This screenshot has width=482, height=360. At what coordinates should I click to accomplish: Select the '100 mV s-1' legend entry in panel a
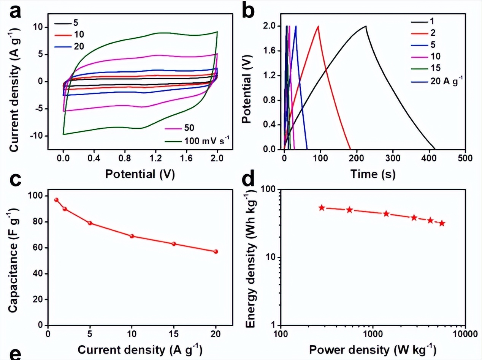pyautogui.click(x=195, y=141)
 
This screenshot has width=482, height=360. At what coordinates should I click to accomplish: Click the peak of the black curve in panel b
pyautogui.click(x=366, y=26)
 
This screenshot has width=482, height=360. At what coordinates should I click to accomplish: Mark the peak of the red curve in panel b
pyautogui.click(x=318, y=26)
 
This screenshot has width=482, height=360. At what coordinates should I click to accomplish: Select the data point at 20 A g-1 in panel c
pyautogui.click(x=216, y=251)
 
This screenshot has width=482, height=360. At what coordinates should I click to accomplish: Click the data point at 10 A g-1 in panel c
pyautogui.click(x=132, y=236)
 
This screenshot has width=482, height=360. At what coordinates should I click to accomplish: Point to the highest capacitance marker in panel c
pyautogui.click(x=56, y=200)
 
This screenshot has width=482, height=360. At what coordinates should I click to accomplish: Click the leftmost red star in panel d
pyautogui.click(x=322, y=208)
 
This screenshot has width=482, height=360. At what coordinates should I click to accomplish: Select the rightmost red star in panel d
pyautogui.click(x=442, y=223)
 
